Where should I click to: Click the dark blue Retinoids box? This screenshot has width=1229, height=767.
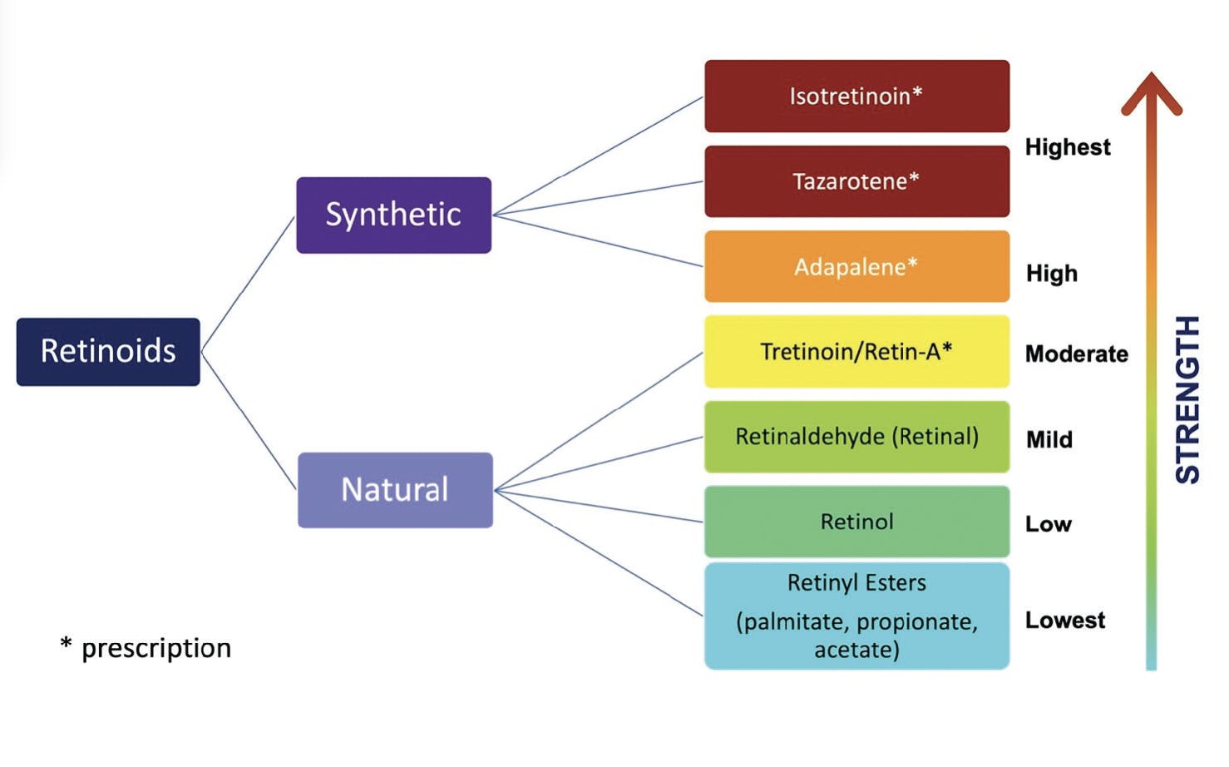click(x=108, y=352)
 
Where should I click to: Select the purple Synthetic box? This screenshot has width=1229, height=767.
click(x=394, y=215)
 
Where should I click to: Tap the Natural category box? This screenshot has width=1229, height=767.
click(x=395, y=490)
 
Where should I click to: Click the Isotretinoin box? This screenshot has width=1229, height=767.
click(x=857, y=96)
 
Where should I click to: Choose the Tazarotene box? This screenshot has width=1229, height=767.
click(x=857, y=181)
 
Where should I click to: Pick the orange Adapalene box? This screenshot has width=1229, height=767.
click(x=857, y=267)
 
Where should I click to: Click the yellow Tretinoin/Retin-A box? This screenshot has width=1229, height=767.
click(x=857, y=352)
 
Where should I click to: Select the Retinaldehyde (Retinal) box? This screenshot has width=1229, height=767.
click(x=857, y=437)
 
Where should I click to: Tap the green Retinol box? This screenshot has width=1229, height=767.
click(x=857, y=522)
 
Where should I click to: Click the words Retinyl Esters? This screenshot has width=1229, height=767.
click(x=856, y=583)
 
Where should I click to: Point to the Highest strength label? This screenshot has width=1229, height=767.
click(x=1068, y=147)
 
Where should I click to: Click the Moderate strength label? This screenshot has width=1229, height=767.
click(x=1077, y=354)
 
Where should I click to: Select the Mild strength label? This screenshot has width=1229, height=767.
click(x=1049, y=439)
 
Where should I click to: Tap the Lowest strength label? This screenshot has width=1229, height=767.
click(x=1065, y=620)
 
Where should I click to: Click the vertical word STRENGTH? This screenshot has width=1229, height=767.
click(x=1187, y=399)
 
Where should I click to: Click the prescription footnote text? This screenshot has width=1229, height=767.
click(x=146, y=648)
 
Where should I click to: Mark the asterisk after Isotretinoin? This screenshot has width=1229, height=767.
click(x=917, y=93)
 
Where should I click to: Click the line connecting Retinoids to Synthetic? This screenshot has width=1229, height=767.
click(x=248, y=284)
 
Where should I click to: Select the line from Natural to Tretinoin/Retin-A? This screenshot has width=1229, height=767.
click(x=599, y=422)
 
